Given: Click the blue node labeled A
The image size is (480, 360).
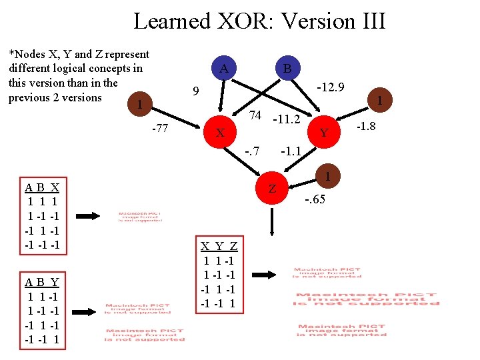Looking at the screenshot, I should (225, 68).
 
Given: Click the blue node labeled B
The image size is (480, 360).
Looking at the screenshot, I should (287, 68).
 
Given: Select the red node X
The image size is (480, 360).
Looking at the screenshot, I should (219, 132).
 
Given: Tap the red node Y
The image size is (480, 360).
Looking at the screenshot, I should (324, 132).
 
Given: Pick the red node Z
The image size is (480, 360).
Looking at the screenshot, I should (272, 188).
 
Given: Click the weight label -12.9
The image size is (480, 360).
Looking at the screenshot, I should (330, 88).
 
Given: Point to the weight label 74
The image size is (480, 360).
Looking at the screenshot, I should (254, 115).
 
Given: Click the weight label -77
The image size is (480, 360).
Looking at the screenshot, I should (160, 128).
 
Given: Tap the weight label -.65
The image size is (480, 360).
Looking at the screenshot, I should (315, 199).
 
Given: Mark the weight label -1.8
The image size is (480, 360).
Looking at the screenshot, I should (367, 126).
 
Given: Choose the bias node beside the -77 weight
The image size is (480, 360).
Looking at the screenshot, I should (138, 105).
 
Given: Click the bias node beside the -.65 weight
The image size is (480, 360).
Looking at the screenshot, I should (327, 177).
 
